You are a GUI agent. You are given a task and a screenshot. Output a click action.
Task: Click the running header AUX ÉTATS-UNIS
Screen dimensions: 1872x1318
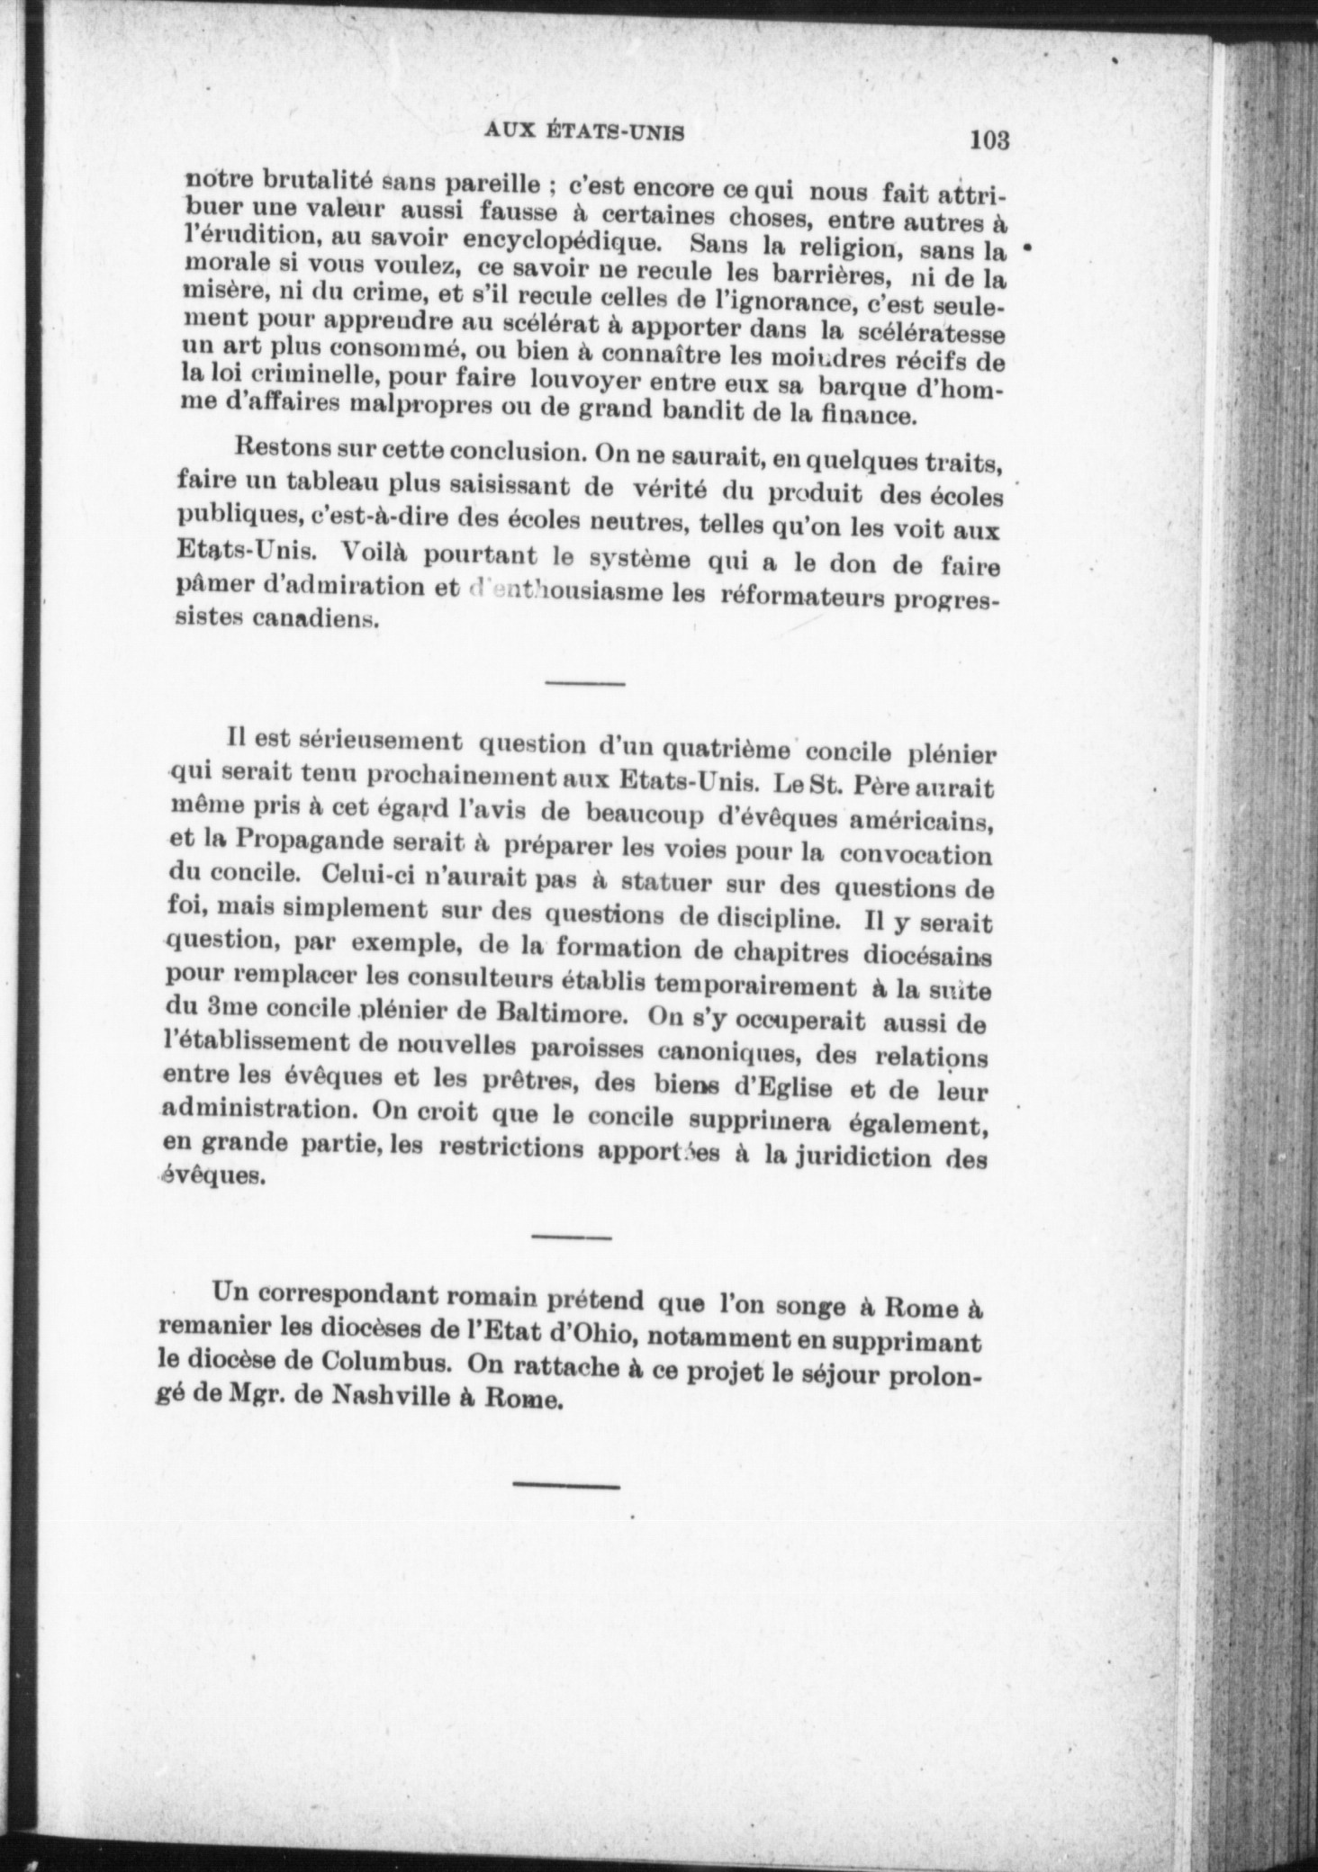585,132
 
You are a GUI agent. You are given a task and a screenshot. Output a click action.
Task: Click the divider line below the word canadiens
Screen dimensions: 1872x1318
585,686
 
